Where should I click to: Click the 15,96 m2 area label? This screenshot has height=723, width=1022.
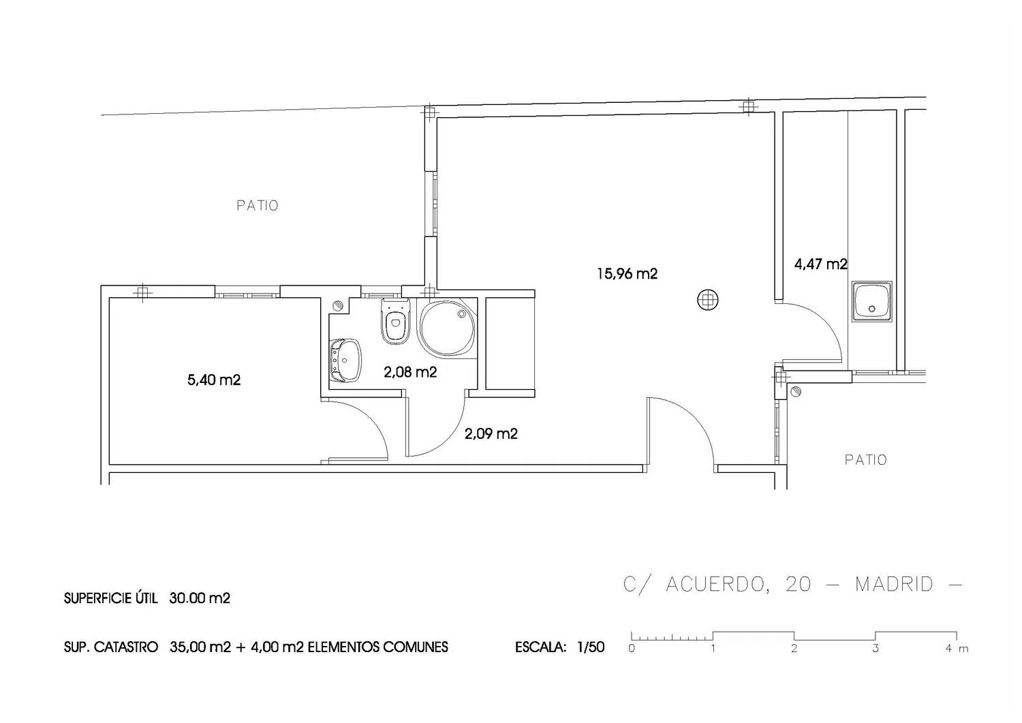click(628, 274)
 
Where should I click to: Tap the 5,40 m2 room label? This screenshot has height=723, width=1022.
click(214, 380)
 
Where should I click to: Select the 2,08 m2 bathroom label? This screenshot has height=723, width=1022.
click(410, 373)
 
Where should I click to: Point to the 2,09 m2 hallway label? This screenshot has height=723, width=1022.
click(491, 433)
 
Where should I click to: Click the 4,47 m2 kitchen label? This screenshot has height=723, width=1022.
click(821, 264)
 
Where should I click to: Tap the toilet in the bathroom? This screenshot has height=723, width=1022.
click(396, 322)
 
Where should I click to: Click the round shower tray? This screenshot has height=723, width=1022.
click(447, 327)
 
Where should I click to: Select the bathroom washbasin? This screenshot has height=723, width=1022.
click(345, 360)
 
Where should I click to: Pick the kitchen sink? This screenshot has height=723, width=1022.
click(871, 301)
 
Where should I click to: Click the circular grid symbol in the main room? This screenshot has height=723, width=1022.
click(708, 300)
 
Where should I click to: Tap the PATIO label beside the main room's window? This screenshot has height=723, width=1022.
click(258, 205)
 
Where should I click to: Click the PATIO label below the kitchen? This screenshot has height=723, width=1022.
click(865, 460)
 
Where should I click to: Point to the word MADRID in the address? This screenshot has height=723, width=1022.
click(894, 585)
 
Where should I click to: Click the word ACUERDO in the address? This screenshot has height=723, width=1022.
click(715, 585)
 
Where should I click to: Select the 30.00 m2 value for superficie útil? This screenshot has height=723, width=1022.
click(200, 598)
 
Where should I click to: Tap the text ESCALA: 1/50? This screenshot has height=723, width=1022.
click(560, 647)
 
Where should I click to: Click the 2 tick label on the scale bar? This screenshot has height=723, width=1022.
click(794, 649)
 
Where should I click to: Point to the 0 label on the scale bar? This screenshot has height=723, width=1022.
click(632, 649)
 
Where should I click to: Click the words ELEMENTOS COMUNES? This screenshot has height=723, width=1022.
click(378, 647)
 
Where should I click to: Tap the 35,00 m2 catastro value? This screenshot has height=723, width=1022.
click(200, 647)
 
